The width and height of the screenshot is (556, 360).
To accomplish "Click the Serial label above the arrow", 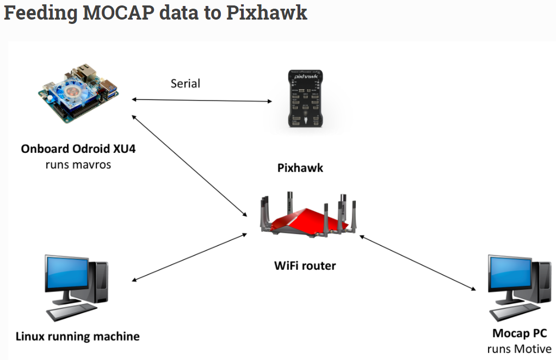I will tap(186, 83).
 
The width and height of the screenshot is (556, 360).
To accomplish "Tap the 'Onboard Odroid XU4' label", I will tap(78, 148).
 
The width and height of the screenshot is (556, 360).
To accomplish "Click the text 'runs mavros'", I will tap(78, 164).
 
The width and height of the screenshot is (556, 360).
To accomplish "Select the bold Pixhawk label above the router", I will tap(300, 168).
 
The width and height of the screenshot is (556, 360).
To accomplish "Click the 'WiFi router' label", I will tap(305, 266).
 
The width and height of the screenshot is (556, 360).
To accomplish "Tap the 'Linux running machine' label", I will tap(77, 336).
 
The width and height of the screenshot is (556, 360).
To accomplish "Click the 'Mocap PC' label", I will tap(520, 333).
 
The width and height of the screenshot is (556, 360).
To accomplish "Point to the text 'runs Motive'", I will tap(520, 349).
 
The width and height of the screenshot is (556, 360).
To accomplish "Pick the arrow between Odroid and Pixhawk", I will tap(202, 100).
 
